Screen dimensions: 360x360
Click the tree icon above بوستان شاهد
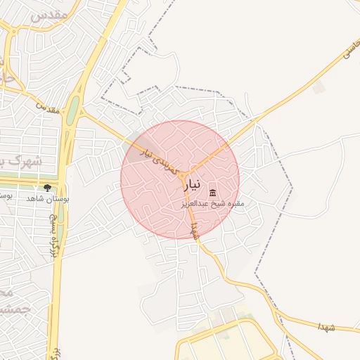(x=47, y=188)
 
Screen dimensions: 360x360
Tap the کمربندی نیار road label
(x=158, y=154)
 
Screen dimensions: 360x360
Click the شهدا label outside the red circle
(x=328, y=328)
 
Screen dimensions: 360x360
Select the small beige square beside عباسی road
(x=319, y=87)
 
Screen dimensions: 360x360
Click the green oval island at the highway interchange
(x=72, y=108)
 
